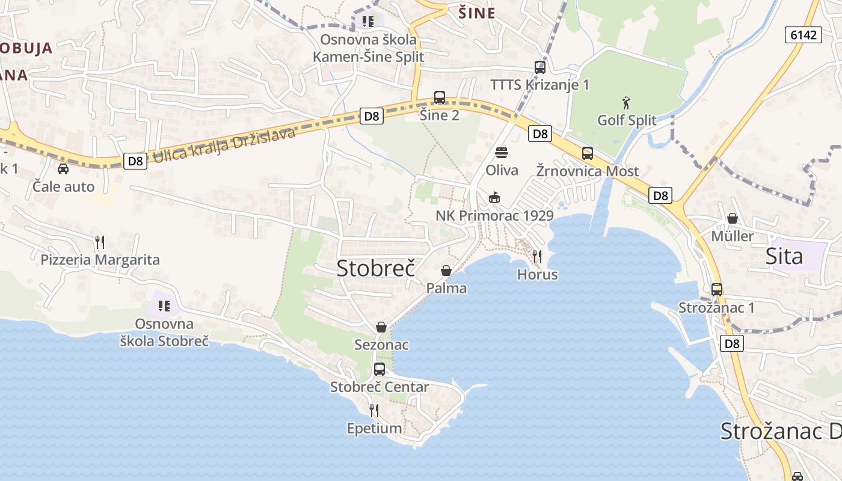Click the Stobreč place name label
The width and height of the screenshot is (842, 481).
[x=376, y=268]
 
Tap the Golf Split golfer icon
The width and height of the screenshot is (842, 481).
[x=627, y=103]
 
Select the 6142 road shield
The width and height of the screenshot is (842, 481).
[x=804, y=35]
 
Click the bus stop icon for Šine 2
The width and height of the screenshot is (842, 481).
[x=440, y=97]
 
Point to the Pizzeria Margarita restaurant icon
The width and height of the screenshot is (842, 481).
[x=100, y=242]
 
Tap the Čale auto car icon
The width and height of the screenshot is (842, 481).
[x=63, y=169]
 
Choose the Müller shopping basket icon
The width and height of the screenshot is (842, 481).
[x=732, y=218]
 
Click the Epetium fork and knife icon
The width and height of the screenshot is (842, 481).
[x=374, y=411]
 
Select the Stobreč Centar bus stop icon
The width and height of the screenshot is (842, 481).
[x=380, y=369]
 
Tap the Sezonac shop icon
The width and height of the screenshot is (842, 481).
[x=381, y=327]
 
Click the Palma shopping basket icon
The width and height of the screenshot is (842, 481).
[x=446, y=271]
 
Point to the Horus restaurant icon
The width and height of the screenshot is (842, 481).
[x=537, y=257]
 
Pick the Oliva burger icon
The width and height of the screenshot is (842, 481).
[x=502, y=153]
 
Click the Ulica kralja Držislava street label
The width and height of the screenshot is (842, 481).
[x=224, y=145]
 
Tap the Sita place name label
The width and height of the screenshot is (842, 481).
[x=784, y=257]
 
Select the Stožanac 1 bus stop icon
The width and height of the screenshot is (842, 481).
[x=716, y=290]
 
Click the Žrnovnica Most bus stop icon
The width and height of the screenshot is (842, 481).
[x=588, y=153]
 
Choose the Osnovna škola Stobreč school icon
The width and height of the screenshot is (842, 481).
[x=164, y=306]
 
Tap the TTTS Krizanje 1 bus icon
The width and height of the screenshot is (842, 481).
[x=540, y=67]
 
